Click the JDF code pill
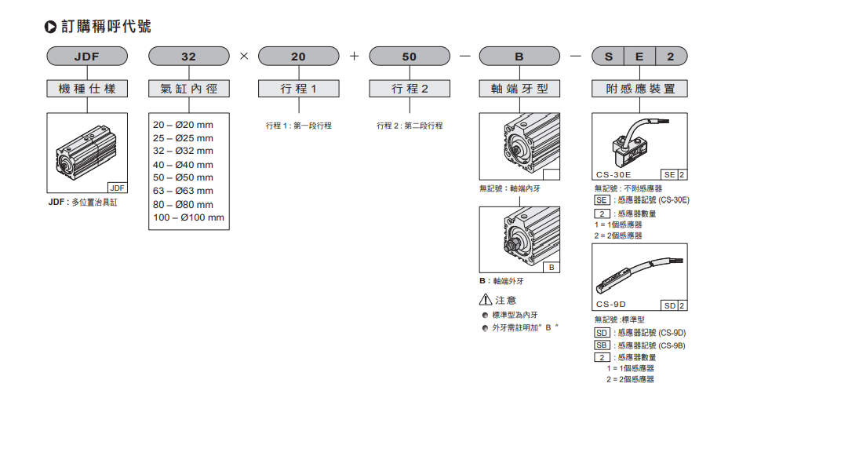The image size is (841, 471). pyautogui.click(x=87, y=57)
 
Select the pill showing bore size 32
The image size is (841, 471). pyautogui.click(x=189, y=57)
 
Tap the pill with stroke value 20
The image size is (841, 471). pyautogui.click(x=298, y=57)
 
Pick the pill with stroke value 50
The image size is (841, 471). pyautogui.click(x=410, y=57)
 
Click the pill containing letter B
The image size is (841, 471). pyautogui.click(x=519, y=57)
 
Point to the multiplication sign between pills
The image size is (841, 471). pyautogui.click(x=244, y=57)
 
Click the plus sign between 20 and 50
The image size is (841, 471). pyautogui.click(x=354, y=57)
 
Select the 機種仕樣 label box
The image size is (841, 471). pyautogui.click(x=87, y=89)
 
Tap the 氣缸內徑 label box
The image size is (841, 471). pyautogui.click(x=189, y=89)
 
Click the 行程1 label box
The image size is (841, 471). pyautogui.click(x=298, y=89)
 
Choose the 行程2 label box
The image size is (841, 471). pyautogui.click(x=410, y=89)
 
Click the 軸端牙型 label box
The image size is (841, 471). pyautogui.click(x=519, y=89)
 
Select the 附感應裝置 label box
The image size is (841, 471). pyautogui.click(x=639, y=89)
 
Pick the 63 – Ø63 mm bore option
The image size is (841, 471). pyautogui.click(x=183, y=191)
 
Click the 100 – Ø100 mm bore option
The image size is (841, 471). pyautogui.click(x=188, y=217)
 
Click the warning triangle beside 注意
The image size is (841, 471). pyautogui.click(x=486, y=300)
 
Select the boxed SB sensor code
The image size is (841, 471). pyautogui.click(x=602, y=345)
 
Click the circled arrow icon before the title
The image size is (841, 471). pyautogui.click(x=51, y=27)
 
